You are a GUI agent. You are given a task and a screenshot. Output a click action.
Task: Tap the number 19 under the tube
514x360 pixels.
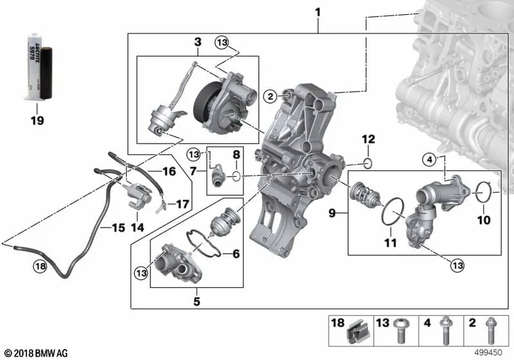tap(37, 120)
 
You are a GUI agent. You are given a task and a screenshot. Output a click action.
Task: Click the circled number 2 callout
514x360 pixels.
tap(270, 96)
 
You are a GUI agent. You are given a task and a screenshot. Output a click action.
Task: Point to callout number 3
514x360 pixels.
tap(197, 42)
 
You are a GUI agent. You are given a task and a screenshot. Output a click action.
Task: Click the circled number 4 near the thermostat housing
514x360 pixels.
tap(430, 159)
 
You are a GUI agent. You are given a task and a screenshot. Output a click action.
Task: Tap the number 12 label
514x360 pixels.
tap(368, 139)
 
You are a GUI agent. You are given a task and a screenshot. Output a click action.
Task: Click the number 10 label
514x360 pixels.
tap(484, 220)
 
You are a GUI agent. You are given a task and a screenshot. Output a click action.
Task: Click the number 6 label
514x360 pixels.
tap(236, 255)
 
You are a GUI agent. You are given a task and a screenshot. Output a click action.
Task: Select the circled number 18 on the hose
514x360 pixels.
tap(40, 266)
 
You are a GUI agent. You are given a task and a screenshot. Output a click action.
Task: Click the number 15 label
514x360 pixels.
tap(118, 228)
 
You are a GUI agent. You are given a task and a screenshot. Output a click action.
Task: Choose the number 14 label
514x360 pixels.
tap(137, 227)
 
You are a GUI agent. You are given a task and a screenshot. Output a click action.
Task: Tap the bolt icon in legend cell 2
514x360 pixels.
tap(490, 332)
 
